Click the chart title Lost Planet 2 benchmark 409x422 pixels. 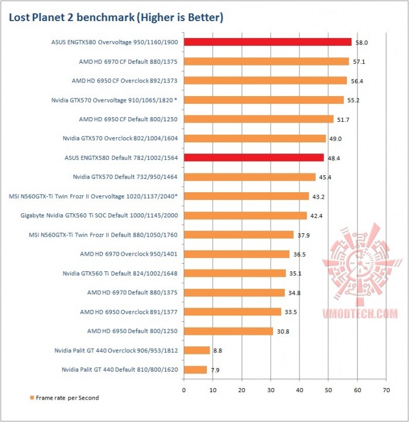[x=115, y=18]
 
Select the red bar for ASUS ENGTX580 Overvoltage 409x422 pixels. [x=268, y=42]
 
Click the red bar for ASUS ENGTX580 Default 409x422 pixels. [x=254, y=158]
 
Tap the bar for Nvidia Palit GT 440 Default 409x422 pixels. [x=195, y=370]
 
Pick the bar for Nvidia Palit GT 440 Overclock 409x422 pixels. [x=197, y=350]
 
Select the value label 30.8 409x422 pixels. [x=282, y=332]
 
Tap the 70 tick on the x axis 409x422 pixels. [x=386, y=389]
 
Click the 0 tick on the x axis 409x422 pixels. [x=184, y=389]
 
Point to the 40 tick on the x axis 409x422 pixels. [x=299, y=389]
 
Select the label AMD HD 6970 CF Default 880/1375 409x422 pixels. [x=128, y=62]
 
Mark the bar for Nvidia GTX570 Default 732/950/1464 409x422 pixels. [x=250, y=177]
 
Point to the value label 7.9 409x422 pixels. [x=216, y=370]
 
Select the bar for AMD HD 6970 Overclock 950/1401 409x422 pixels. [x=237, y=254]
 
